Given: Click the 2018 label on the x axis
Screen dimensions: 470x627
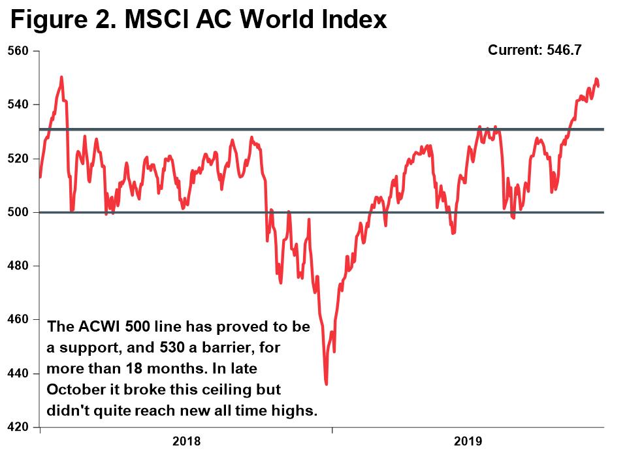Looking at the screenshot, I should (x=186, y=442).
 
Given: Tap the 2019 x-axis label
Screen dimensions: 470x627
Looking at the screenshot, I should (x=468, y=442).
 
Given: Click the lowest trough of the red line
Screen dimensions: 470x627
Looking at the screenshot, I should (x=326, y=384).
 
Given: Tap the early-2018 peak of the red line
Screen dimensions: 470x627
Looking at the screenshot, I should (x=61, y=77).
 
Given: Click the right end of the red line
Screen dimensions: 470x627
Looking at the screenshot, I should (x=599, y=86).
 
